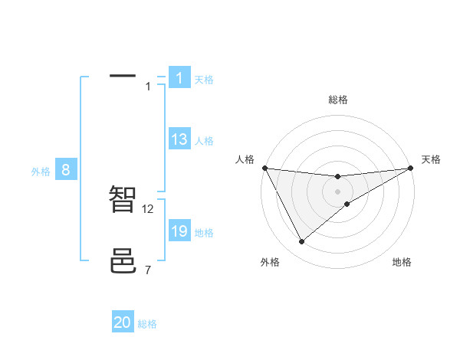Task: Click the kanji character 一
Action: click(x=123, y=77)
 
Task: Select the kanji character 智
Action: click(x=123, y=199)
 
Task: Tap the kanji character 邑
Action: click(x=123, y=261)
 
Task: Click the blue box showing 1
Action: click(x=179, y=77)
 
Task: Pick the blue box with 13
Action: click(x=179, y=139)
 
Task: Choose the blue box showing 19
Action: click(x=179, y=231)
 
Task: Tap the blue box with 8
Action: click(x=66, y=170)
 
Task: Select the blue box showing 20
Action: click(x=123, y=322)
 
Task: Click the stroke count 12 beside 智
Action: click(x=149, y=208)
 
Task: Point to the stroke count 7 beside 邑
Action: click(x=148, y=270)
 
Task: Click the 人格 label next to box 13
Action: click(x=204, y=141)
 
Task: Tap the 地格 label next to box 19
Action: click(x=204, y=233)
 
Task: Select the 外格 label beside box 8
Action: click(x=41, y=172)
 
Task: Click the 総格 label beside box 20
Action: click(x=147, y=324)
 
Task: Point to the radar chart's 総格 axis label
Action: click(x=338, y=100)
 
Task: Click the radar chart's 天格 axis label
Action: click(x=431, y=159)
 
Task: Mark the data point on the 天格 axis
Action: click(x=411, y=169)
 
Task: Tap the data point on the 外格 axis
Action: click(x=301, y=242)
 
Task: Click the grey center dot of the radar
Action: click(x=338, y=191)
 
